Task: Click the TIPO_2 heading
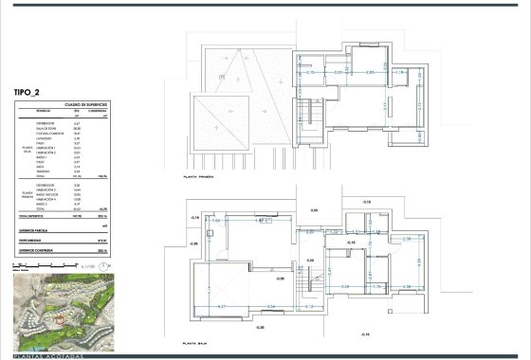coord(31,92)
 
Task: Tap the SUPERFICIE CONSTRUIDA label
coord(37,251)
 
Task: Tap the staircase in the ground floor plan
coord(309,277)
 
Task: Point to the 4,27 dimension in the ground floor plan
coord(223,307)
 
